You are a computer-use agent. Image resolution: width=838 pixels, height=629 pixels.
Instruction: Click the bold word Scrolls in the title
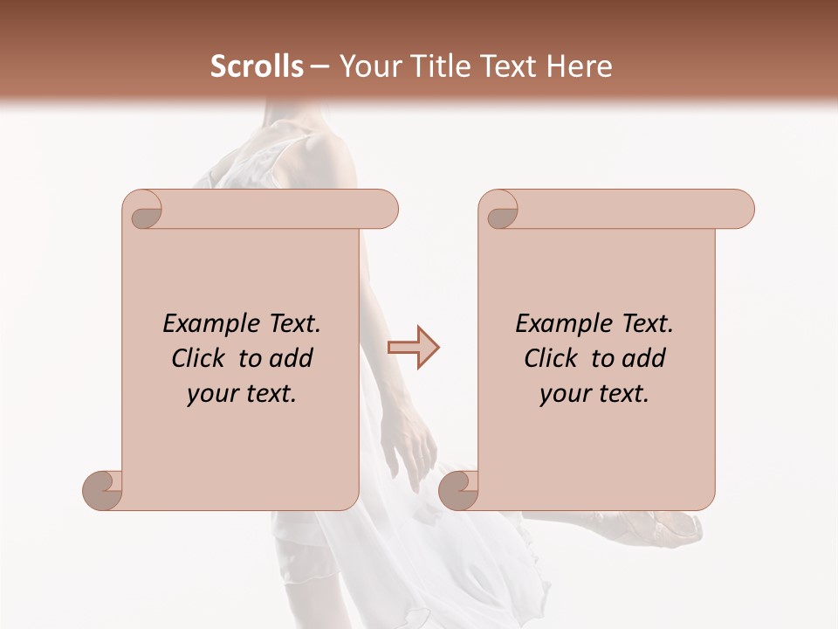tap(257, 66)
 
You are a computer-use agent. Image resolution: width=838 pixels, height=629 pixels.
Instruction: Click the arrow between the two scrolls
tap(413, 348)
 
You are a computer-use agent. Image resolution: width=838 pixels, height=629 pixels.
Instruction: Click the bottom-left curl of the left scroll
tap(103, 490)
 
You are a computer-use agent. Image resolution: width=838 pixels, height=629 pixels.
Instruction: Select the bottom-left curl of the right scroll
tap(458, 490)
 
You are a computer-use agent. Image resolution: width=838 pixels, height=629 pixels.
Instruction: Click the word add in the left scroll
tap(292, 358)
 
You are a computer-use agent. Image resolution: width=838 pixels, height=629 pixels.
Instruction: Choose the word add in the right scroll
tap(644, 358)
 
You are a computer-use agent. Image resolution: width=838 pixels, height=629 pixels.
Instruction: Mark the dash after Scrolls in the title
tap(319, 66)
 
